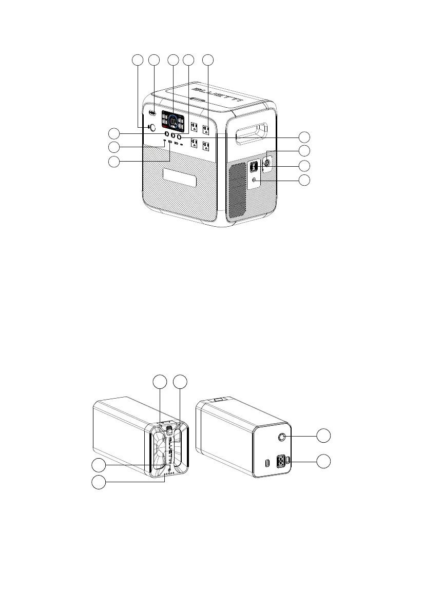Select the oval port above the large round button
pos(152,112)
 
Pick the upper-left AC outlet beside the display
pos(195,126)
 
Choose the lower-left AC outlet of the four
pos(194,143)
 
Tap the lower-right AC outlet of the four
pos(206,146)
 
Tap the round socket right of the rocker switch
pos(267,163)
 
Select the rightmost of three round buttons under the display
pos(180,137)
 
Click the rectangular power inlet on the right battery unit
pos(282,461)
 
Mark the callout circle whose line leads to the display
pos(173,60)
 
